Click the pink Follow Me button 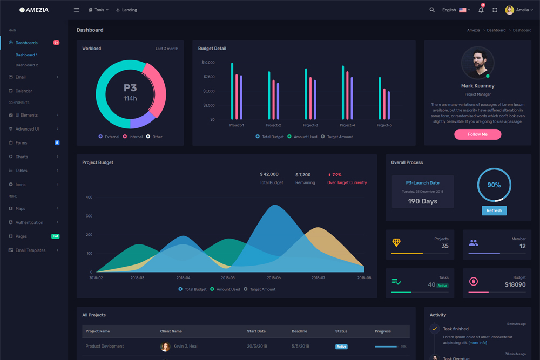(x=477, y=134)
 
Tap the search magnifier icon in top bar (x=432, y=10)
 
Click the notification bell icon (x=481, y=10)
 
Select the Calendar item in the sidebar (x=24, y=91)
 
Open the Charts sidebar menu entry (x=22, y=157)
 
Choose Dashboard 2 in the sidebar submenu (x=26, y=65)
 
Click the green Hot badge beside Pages (x=55, y=236)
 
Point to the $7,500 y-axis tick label (x=208, y=77)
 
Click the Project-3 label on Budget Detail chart (x=310, y=125)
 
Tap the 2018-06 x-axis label (x=273, y=277)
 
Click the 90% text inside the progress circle (x=494, y=185)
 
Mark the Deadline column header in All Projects (x=299, y=331)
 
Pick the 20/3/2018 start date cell (x=256, y=347)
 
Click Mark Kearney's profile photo (x=477, y=63)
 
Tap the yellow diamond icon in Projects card (x=396, y=243)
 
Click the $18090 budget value (x=515, y=284)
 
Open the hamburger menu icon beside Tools (x=77, y=10)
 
